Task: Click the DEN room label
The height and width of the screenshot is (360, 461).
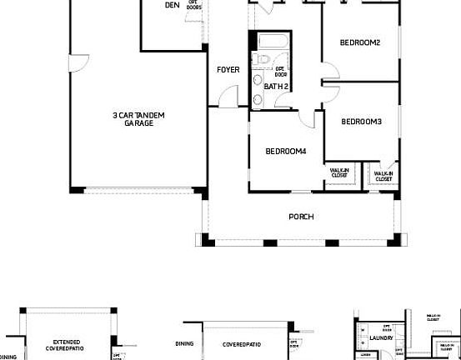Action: [173, 5]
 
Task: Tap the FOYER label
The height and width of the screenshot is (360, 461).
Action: [228, 70]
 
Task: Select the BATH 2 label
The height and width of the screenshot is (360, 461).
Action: [276, 86]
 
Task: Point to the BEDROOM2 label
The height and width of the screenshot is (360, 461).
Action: [360, 42]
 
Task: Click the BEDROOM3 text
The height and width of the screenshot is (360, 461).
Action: [361, 122]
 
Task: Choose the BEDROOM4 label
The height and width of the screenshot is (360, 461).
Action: [286, 151]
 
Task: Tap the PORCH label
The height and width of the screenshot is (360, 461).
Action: [301, 217]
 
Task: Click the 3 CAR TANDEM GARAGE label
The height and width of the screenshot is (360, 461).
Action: [138, 118]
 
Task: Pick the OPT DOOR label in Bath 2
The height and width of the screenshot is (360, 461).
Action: [281, 71]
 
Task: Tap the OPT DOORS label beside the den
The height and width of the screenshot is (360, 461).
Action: [194, 5]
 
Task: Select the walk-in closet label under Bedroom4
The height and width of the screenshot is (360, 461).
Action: [339, 173]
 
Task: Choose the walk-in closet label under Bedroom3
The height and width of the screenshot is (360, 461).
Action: [383, 177]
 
